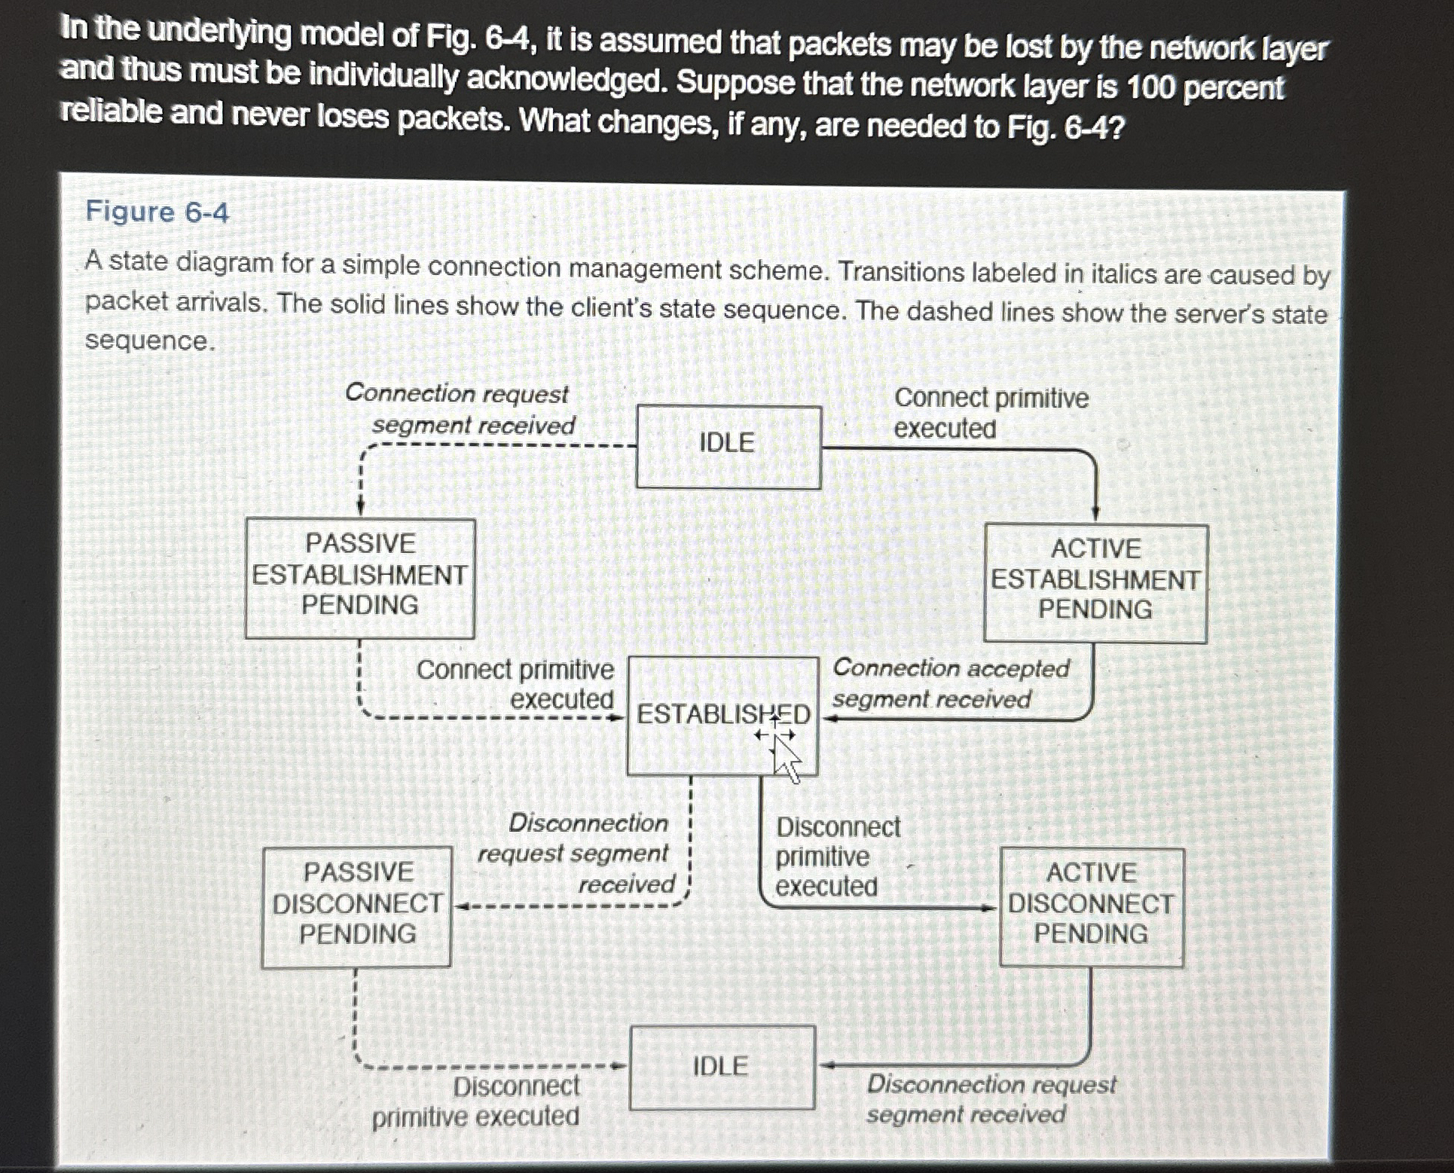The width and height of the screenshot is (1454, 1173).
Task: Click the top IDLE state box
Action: point(728,446)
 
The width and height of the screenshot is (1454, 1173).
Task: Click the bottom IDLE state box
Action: point(722,1067)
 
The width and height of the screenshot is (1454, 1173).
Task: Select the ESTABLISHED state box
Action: point(722,714)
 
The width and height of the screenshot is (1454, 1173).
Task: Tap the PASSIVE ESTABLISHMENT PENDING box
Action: point(359,576)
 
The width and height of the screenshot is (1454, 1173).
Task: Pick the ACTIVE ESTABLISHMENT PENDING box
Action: point(1095,582)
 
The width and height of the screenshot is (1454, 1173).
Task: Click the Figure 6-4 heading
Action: point(157,212)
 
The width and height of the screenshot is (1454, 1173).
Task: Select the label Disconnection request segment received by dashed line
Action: point(580,854)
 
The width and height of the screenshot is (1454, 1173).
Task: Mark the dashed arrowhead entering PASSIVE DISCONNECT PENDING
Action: point(461,906)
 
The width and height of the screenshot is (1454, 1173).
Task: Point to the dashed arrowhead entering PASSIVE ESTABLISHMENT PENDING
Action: point(361,508)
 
